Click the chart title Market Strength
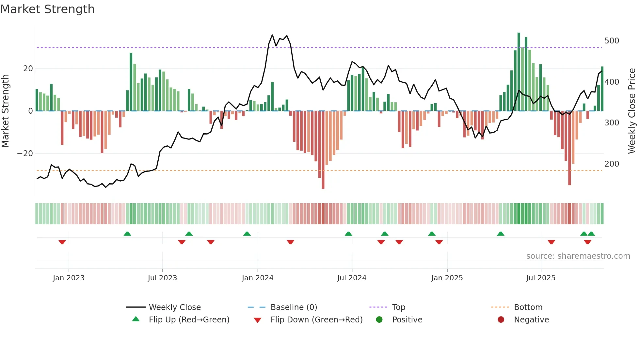[x=48, y=9]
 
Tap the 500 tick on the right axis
[x=611, y=41]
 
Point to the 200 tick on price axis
[x=611, y=164]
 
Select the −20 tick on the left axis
[x=25, y=154]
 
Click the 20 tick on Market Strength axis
[x=28, y=69]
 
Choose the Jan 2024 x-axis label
[x=257, y=278]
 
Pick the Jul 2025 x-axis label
[x=540, y=278]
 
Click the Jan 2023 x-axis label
[x=69, y=278]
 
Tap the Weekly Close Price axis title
[x=632, y=111]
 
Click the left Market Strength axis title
[x=6, y=111]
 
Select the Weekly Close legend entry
[x=174, y=307]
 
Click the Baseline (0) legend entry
[x=294, y=307]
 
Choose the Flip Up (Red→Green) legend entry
[x=189, y=320]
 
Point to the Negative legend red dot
[x=501, y=320]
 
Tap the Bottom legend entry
[x=528, y=307]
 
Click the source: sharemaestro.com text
[x=578, y=256]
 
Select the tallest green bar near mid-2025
[x=519, y=72]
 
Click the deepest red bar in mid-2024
[x=323, y=150]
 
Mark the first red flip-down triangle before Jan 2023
[x=62, y=242]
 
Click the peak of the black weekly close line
[x=272, y=35]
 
